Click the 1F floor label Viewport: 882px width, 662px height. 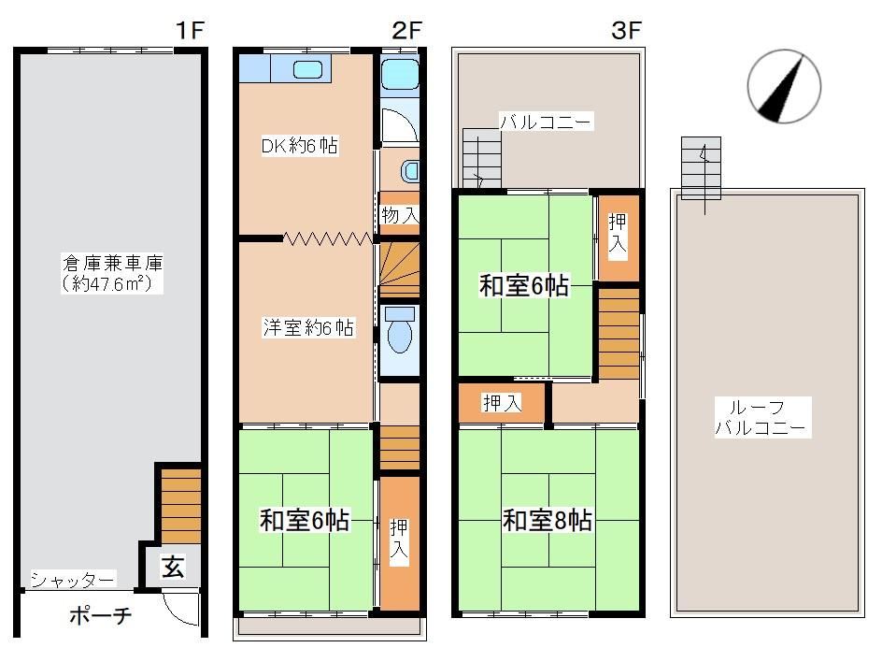click(189, 30)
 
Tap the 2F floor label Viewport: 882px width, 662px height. click(406, 30)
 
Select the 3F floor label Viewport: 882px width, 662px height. click(626, 30)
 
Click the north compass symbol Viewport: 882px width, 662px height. click(784, 87)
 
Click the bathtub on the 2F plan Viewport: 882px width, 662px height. click(399, 74)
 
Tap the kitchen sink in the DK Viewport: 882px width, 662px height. click(307, 70)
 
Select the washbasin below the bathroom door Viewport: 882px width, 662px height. click(410, 171)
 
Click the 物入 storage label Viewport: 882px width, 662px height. click(400, 214)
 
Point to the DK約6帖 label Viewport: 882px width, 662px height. click(300, 146)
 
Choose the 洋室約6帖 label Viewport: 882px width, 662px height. click(309, 327)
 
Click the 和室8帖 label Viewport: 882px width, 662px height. click(547, 521)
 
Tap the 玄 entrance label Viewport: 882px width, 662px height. click(172, 567)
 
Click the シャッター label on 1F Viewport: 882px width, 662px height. click(73, 580)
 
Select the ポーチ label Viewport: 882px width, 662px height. click(101, 615)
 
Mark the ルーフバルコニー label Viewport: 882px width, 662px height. click(761, 417)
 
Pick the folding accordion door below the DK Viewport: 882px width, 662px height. click(328, 238)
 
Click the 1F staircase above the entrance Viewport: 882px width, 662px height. click(180, 506)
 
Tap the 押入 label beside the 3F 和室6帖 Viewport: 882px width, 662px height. click(618, 234)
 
